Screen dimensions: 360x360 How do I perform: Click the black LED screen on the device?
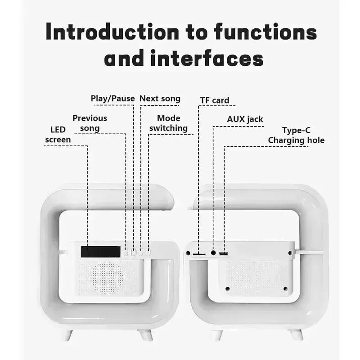tap(100, 251)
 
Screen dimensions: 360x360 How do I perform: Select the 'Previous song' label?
tap(90, 123)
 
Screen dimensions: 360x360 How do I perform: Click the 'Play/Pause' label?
tap(112, 99)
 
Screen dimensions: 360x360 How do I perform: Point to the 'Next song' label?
tap(160, 99)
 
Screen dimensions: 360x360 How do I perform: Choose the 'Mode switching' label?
tap(169, 123)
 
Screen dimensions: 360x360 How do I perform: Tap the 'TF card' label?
tap(215, 100)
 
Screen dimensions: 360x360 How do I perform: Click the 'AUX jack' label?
tap(245, 119)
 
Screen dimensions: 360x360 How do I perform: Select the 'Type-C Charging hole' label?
tap(296, 135)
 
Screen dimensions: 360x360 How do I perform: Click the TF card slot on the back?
tap(198, 254)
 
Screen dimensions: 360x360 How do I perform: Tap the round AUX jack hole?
tap(213, 253)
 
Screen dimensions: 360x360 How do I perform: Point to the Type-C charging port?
tap(223, 254)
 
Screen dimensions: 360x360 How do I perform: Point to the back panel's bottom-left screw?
tap(228, 288)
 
